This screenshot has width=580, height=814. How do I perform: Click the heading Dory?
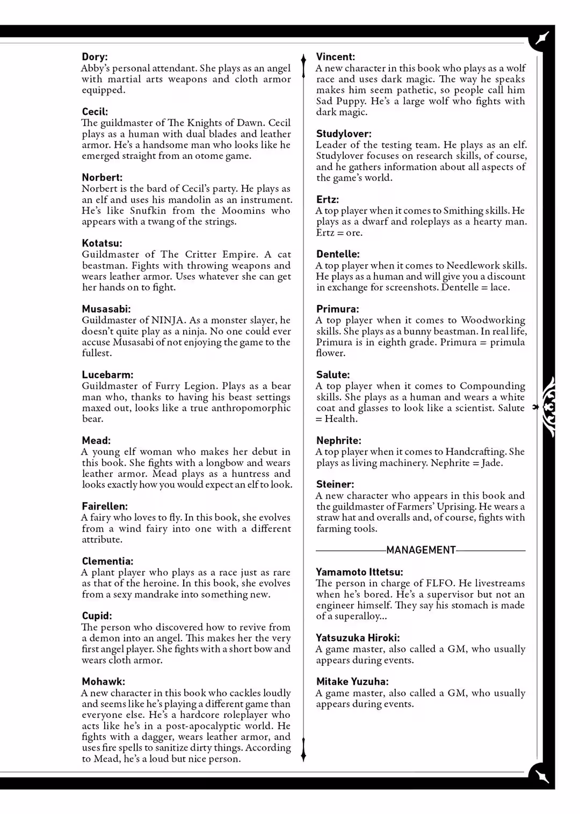[95, 57]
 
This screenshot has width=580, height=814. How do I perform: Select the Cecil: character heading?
[95, 112]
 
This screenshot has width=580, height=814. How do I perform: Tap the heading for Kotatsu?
[102, 243]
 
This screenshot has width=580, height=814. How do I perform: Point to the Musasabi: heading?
[106, 309]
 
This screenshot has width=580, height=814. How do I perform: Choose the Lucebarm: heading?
[107, 375]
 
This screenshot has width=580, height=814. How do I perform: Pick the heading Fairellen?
[105, 506]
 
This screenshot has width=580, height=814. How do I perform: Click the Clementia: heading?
[107, 561]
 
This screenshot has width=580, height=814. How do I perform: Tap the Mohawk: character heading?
[103, 681]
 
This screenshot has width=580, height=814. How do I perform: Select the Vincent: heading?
[336, 57]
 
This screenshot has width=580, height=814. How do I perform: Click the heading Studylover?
[344, 134]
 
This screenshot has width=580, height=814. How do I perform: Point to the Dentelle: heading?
[338, 254]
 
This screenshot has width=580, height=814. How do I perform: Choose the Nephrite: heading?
[339, 440]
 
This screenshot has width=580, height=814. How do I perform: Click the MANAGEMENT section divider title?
[421, 550]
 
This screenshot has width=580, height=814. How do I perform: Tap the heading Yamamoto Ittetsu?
[359, 572]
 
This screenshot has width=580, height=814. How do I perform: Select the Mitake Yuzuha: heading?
[352, 681]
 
